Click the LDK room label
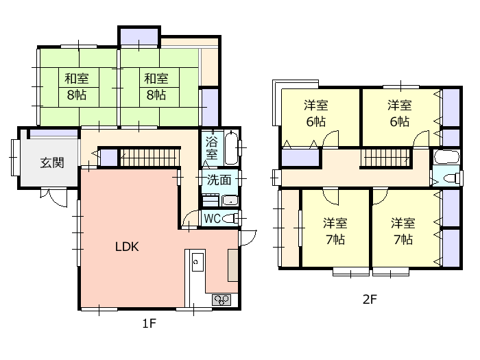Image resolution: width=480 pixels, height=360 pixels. [127, 247]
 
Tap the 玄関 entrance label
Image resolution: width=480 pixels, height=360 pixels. [52, 163]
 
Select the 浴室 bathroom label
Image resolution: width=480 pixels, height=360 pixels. [211, 148]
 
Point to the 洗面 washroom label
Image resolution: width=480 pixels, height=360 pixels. [219, 180]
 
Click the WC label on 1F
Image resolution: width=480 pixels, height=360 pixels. [212, 219]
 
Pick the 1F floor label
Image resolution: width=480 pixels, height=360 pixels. [149, 323]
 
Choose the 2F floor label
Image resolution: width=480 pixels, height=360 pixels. [370, 299]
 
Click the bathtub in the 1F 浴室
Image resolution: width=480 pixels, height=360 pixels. [231, 148]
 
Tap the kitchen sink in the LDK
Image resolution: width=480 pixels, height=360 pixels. [197, 263]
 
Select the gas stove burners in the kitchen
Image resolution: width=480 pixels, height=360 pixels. [221, 300]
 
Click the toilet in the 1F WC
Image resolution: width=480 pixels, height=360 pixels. [230, 219]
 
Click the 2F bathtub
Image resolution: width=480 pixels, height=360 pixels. [446, 158]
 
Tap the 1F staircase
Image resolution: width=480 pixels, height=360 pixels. [149, 157]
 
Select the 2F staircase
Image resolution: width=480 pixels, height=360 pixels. [385, 157]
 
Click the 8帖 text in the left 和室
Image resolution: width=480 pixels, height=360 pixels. [77, 95]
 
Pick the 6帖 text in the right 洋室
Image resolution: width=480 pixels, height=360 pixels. [400, 122]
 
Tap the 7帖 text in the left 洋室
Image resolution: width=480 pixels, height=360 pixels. [335, 239]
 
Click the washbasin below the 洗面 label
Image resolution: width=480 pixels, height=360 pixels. [230, 200]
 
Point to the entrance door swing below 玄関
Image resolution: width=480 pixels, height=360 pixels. [54, 197]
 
